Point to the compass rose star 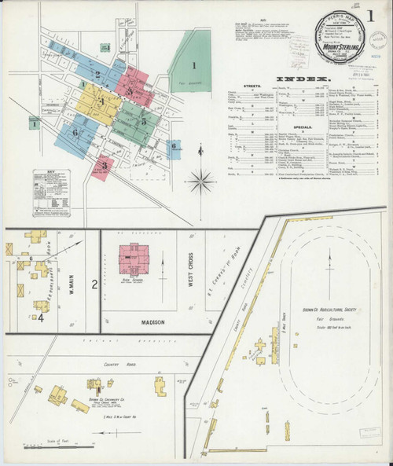click(202, 181)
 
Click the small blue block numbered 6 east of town click(173, 147)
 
